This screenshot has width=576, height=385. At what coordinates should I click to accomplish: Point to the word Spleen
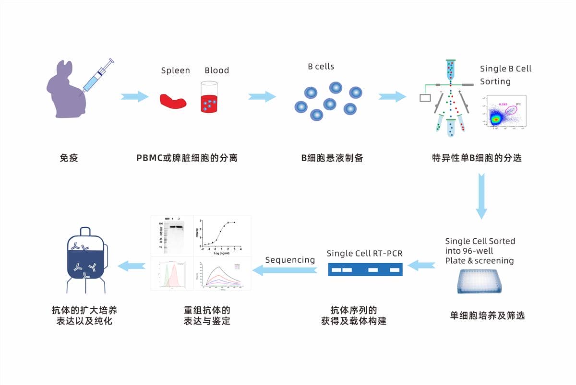pos(175,70)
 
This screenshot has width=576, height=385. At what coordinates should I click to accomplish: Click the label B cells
pos(321,67)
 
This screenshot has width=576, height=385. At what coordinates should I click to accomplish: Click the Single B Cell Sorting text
pos(505,75)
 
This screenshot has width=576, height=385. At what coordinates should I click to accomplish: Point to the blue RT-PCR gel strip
pos(365,269)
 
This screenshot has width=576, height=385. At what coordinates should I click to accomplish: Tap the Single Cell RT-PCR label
pos(364,253)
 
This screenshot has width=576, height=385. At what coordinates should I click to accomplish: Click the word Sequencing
pos(290,260)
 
